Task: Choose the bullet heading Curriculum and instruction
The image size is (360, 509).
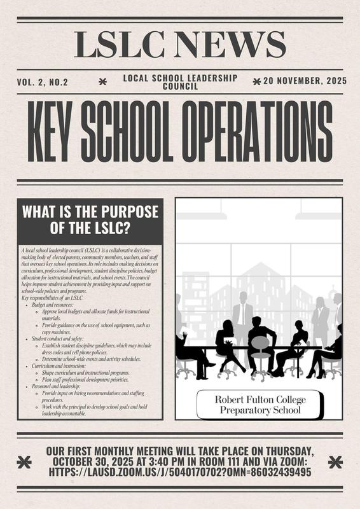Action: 63,366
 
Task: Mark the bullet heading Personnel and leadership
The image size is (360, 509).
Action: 62,386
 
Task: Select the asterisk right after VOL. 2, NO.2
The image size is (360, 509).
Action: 104,81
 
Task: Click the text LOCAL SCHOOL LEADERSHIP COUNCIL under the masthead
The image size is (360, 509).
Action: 180,81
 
